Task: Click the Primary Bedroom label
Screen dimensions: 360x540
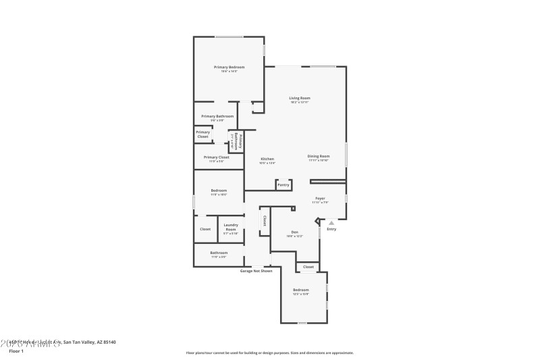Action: click(x=229, y=67)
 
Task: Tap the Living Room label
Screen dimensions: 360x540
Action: click(x=300, y=98)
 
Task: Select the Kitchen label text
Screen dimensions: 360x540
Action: click(x=267, y=159)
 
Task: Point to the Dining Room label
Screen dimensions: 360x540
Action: click(x=319, y=156)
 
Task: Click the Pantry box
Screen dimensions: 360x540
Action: click(x=283, y=184)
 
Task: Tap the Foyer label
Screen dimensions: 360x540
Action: click(x=320, y=198)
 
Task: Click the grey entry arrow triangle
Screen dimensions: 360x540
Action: click(x=331, y=222)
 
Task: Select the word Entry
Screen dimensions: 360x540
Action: click(x=331, y=229)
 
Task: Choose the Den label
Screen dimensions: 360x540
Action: click(x=294, y=232)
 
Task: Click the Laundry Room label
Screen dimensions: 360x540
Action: click(x=231, y=227)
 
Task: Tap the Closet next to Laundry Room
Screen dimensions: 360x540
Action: click(x=205, y=229)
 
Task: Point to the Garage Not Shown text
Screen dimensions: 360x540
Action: click(x=256, y=271)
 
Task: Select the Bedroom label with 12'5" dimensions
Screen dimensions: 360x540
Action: click(x=300, y=290)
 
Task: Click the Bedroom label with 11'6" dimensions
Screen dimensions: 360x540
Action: click(x=219, y=190)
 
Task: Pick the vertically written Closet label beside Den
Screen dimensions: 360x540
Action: click(x=264, y=221)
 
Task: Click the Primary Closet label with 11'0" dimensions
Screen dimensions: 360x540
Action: click(x=216, y=157)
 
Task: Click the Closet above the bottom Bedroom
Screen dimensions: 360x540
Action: click(x=308, y=267)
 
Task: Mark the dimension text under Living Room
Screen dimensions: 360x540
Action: click(x=300, y=103)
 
